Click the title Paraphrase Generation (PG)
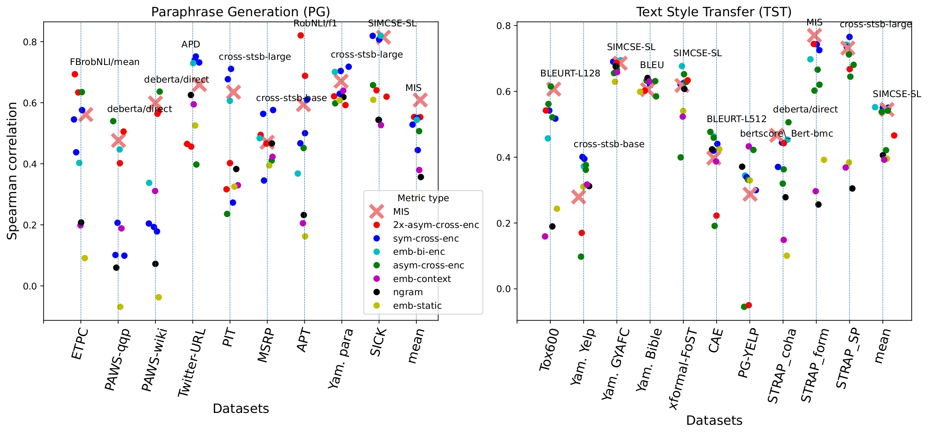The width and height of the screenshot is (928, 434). point(240,12)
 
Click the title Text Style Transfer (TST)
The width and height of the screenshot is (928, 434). point(714,12)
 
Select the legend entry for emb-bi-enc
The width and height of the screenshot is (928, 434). point(419,252)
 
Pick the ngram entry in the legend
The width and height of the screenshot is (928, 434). point(408,292)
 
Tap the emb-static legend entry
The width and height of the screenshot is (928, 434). point(417,306)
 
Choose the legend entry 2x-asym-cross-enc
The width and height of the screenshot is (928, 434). point(436,225)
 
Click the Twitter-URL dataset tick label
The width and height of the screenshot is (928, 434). point(190,363)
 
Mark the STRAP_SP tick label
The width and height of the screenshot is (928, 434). point(847,358)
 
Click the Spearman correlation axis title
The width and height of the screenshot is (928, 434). point(13,170)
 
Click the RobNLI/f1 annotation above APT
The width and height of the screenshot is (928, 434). point(315,24)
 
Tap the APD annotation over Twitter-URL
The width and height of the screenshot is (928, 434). point(191,44)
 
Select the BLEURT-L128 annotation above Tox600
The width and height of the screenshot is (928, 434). point(570,74)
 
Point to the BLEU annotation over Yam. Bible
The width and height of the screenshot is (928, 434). point(652,65)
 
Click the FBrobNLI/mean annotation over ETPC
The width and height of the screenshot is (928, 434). point(105,62)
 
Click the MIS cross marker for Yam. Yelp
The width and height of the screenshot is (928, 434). point(579,197)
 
